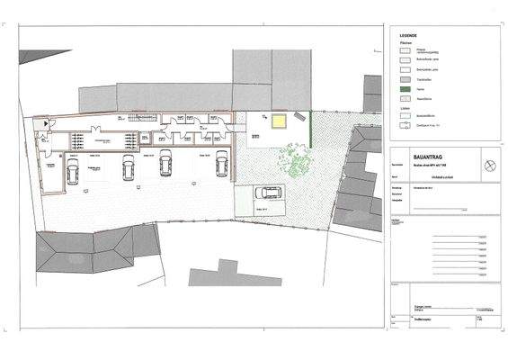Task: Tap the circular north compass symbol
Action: pos(489,164)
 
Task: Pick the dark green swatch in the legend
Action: pos(404,90)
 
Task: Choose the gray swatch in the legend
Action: pos(404,78)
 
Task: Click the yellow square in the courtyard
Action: pos(281,121)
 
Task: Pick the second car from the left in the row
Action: pos(128,167)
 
